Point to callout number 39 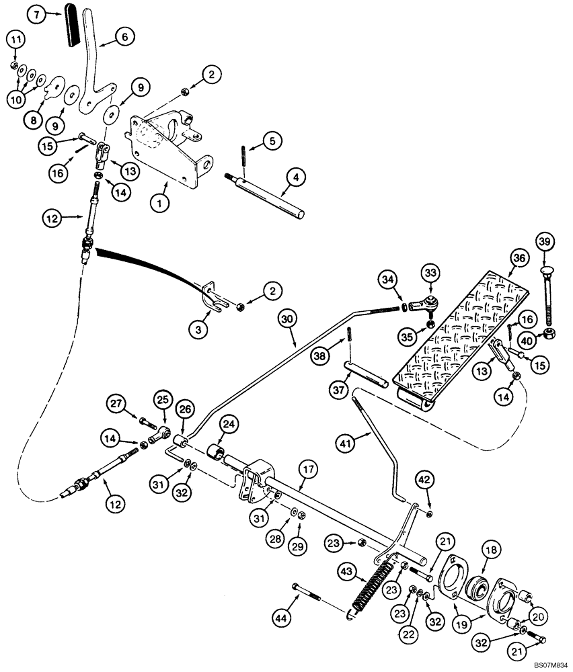[545, 241]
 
